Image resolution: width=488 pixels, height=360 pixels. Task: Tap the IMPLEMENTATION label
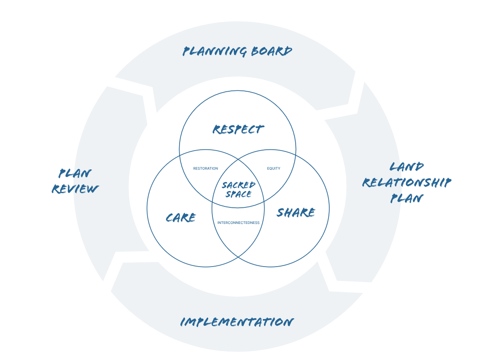coord(237,322)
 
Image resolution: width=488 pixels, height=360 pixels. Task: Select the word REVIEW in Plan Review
coord(75,189)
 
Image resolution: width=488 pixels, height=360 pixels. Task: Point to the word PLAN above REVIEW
coord(75,173)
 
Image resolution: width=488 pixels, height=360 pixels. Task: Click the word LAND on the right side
coord(407,166)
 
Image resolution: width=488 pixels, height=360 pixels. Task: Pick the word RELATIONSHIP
coord(407,183)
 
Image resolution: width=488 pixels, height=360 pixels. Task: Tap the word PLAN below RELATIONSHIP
coord(407,198)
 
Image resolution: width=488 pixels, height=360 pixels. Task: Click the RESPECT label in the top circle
coord(238,129)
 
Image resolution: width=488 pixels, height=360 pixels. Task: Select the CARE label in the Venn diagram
coord(180,218)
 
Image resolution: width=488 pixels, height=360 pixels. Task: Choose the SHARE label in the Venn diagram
coord(296,212)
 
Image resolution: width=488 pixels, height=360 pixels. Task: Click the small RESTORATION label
coord(206,168)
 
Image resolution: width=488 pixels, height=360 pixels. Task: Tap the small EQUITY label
coord(273,168)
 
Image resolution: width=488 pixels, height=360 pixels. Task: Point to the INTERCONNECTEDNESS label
coord(238,223)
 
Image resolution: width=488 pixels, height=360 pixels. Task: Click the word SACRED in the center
coord(238,186)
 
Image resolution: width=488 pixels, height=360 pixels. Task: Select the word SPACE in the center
coord(238,194)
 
